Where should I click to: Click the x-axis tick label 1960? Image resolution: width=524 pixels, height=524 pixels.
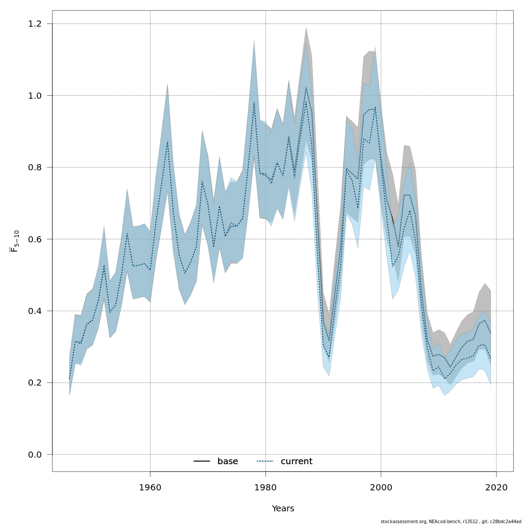150,487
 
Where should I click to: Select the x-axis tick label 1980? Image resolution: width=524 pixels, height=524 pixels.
265,487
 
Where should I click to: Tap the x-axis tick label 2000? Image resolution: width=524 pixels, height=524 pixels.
381,487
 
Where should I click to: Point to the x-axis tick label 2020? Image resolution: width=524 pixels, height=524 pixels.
496,487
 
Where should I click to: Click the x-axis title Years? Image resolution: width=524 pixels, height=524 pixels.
283,509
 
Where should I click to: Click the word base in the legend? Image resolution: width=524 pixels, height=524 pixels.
228,462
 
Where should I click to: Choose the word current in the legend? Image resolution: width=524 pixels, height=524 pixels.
296,462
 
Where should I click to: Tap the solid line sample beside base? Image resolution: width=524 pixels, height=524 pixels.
202,462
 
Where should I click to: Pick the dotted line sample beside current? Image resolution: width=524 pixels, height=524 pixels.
265,462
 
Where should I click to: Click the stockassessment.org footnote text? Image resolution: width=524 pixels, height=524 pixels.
451,521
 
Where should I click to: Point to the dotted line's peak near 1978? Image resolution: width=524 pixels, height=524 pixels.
254,103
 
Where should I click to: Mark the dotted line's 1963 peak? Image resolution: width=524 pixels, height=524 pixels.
168,141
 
